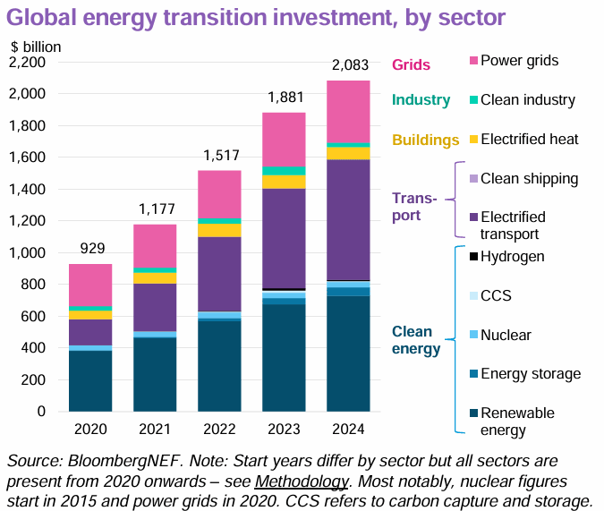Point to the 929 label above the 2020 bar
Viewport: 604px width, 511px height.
click(90, 249)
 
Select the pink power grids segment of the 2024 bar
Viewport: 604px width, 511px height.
click(349, 111)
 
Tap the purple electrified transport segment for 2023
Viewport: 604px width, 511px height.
click(284, 238)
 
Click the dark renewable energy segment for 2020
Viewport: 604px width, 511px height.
click(90, 380)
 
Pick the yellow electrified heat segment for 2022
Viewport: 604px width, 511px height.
click(219, 230)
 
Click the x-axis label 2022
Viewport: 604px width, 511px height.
click(219, 429)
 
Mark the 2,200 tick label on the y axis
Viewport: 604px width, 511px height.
click(29, 63)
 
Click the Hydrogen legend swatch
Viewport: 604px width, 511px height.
click(472, 257)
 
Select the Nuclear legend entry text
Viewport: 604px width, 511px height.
click(506, 335)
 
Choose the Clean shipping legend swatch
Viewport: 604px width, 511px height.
click(472, 179)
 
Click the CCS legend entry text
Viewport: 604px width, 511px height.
click(496, 295)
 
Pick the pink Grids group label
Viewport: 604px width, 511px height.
click(412, 64)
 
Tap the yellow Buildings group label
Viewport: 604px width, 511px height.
click(426, 140)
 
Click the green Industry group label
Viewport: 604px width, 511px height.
click(421, 101)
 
